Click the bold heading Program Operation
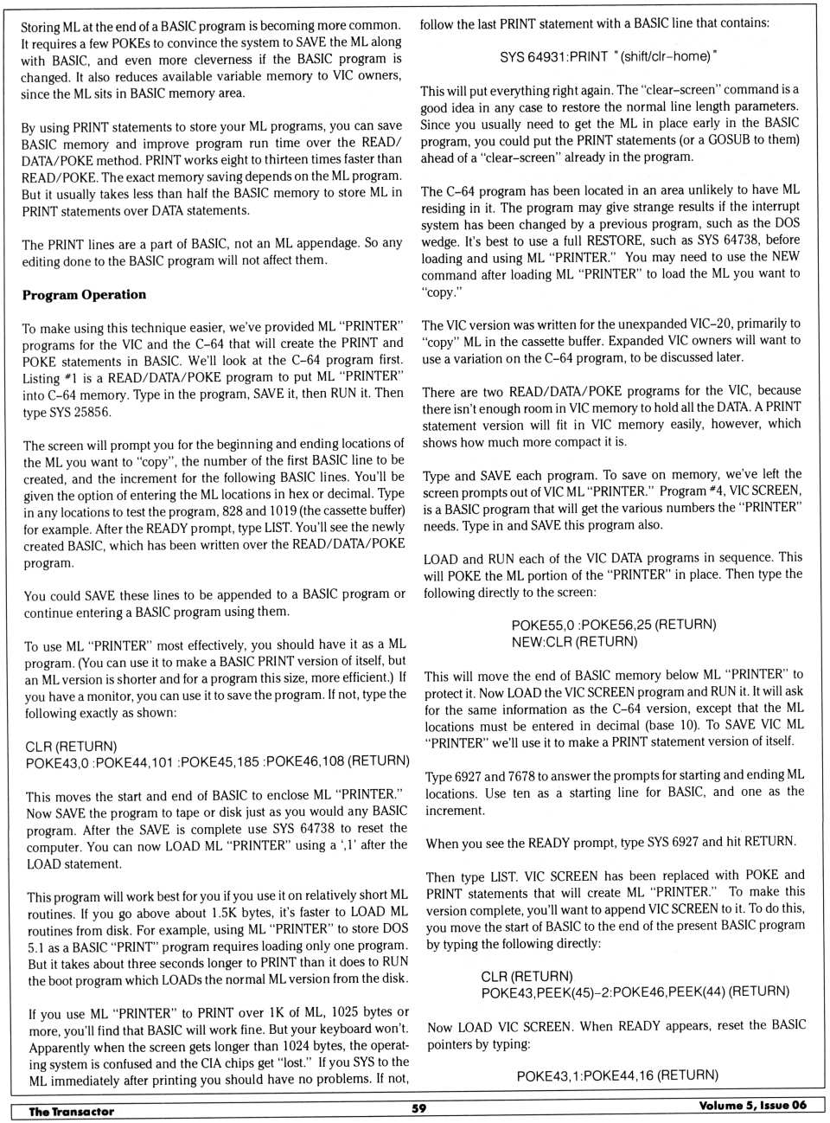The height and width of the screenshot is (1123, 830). pos(84,295)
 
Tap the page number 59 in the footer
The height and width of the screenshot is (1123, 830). pos(418,1108)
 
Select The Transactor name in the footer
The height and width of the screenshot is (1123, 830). pos(71,1112)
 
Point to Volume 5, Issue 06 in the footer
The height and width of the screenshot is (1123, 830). pos(752,1106)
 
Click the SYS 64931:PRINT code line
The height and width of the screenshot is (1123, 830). pos(608,57)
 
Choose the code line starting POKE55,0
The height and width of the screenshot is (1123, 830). pos(614,625)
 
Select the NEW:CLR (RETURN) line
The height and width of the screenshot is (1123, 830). pos(574,642)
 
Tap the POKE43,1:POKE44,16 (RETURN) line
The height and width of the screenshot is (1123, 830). pos(617,1075)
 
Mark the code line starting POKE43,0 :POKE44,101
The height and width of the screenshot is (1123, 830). pos(217,761)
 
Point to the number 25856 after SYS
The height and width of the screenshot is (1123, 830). pos(91,412)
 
